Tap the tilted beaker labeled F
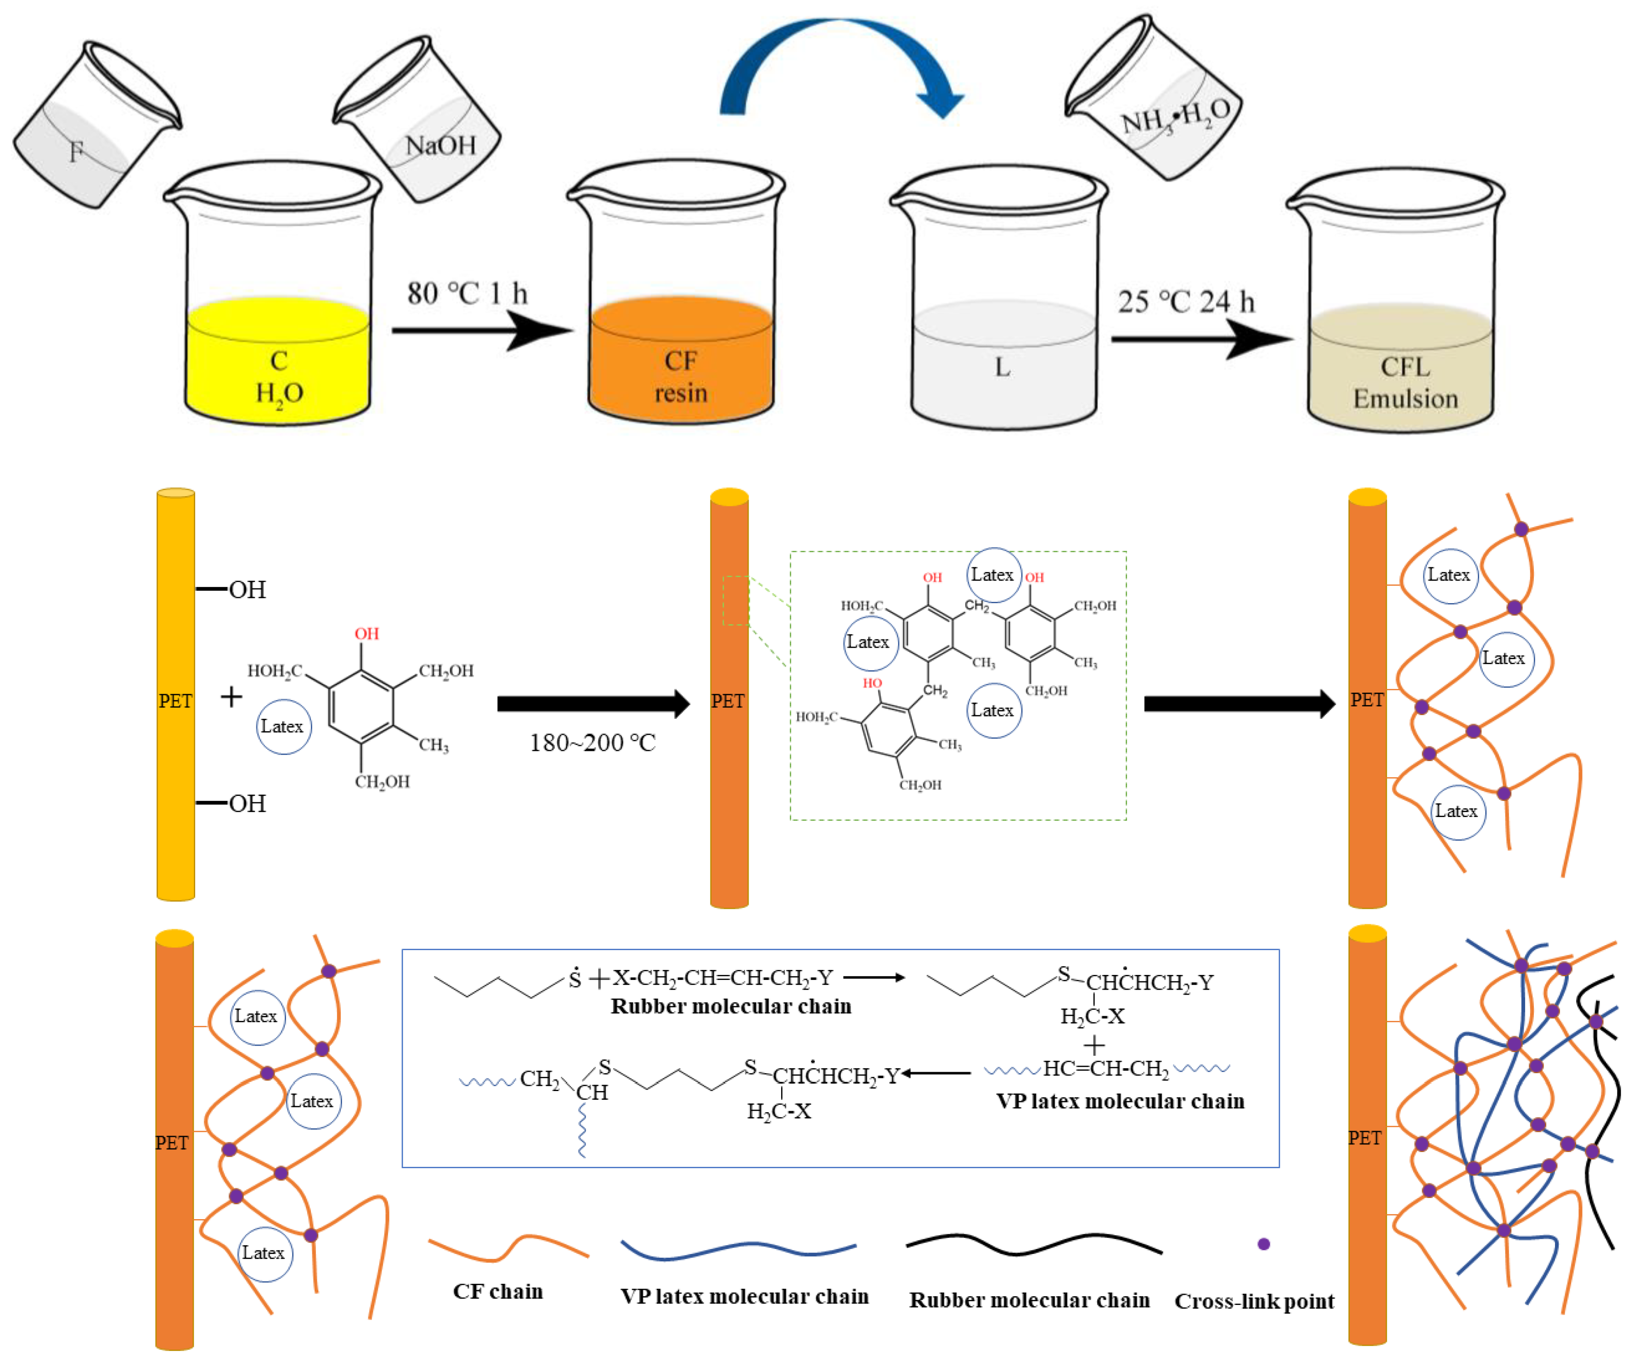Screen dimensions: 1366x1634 tap(93, 129)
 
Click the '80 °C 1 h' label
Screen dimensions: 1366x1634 tap(467, 294)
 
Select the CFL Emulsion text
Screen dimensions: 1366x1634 tap(1405, 383)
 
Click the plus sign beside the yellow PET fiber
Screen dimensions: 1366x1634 tap(231, 696)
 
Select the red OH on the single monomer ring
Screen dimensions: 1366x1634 tap(366, 633)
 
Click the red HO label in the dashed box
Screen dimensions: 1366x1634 tap(872, 683)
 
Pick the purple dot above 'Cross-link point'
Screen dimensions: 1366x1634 tap(1264, 1244)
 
